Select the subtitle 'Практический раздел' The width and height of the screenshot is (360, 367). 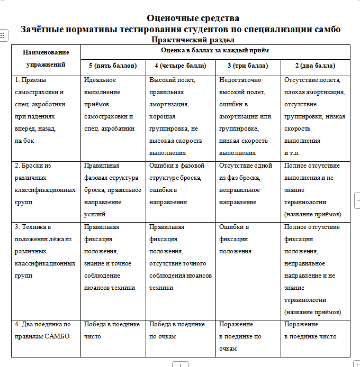click(193, 40)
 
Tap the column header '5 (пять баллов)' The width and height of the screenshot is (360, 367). click(113, 66)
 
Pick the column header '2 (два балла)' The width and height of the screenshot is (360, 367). click(315, 66)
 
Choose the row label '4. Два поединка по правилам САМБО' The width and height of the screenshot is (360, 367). click(42, 330)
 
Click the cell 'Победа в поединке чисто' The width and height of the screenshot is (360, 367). click(110, 330)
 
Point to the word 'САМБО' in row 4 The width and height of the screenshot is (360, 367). click(59, 336)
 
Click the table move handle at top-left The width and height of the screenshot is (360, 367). click(3, 35)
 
